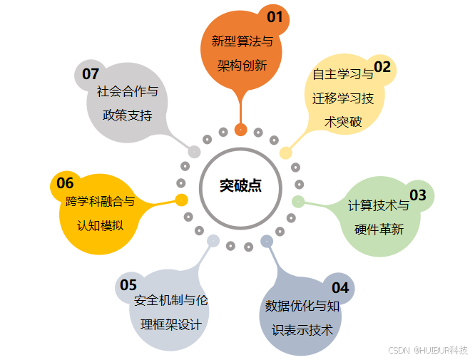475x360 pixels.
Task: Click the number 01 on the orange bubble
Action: click(x=275, y=16)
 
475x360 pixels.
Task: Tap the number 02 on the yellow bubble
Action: click(x=382, y=67)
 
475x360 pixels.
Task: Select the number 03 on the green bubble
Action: click(x=417, y=195)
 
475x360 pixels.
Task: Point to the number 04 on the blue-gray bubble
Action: click(x=340, y=288)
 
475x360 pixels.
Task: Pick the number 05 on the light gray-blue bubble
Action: click(x=128, y=285)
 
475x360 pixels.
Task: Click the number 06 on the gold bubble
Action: click(x=65, y=183)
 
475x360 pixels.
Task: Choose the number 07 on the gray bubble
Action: click(x=90, y=73)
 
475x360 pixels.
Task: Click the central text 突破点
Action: click(x=240, y=185)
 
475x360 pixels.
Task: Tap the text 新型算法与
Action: click(x=242, y=41)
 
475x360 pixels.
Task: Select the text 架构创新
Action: click(x=242, y=66)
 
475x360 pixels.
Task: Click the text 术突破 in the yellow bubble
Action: click(x=343, y=122)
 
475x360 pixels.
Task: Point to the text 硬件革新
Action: click(x=379, y=230)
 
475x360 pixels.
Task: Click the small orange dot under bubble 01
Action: click(x=241, y=130)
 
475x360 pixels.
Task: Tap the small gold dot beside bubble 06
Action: click(x=181, y=199)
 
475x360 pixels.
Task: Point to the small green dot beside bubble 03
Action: click(x=298, y=201)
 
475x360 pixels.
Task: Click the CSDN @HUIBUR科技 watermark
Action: click(x=427, y=350)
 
